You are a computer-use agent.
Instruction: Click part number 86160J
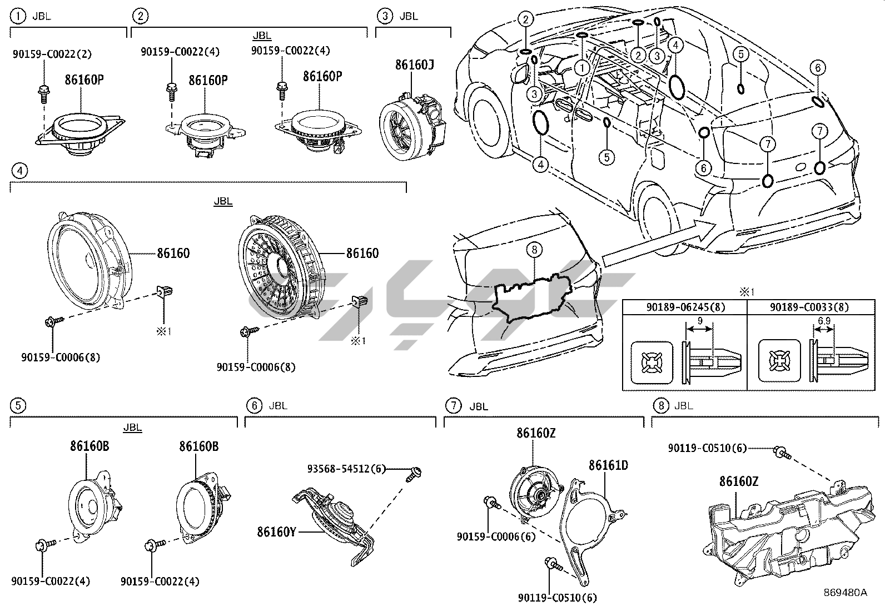pyautogui.click(x=414, y=65)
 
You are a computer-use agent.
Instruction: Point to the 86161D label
pyautogui.click(x=608, y=465)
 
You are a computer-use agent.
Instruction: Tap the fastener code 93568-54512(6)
pyautogui.click(x=346, y=469)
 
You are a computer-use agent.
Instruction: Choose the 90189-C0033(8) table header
pyautogui.click(x=809, y=307)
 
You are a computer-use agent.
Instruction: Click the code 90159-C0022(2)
pyautogui.click(x=52, y=54)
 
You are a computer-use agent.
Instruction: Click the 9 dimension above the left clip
pyautogui.click(x=700, y=320)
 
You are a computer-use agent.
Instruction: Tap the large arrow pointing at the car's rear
pyautogui.click(x=662, y=245)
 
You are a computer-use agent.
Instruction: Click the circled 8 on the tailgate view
pyautogui.click(x=534, y=251)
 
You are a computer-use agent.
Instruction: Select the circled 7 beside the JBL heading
pyautogui.click(x=454, y=406)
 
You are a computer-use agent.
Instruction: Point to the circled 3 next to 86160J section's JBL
pyautogui.click(x=385, y=16)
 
